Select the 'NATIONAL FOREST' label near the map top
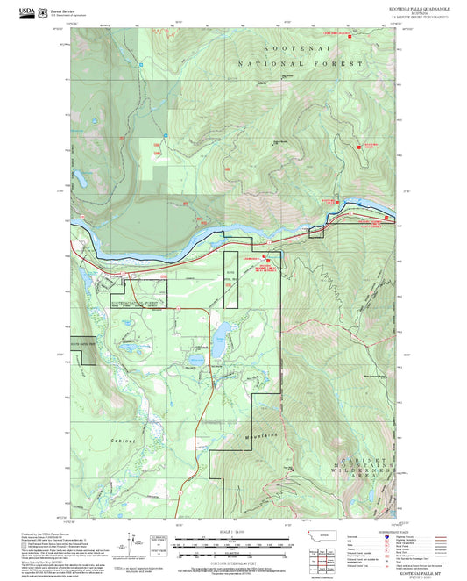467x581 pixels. click(x=301, y=64)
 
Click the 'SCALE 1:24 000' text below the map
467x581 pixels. click(x=233, y=531)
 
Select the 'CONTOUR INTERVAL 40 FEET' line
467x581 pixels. click(x=233, y=558)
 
